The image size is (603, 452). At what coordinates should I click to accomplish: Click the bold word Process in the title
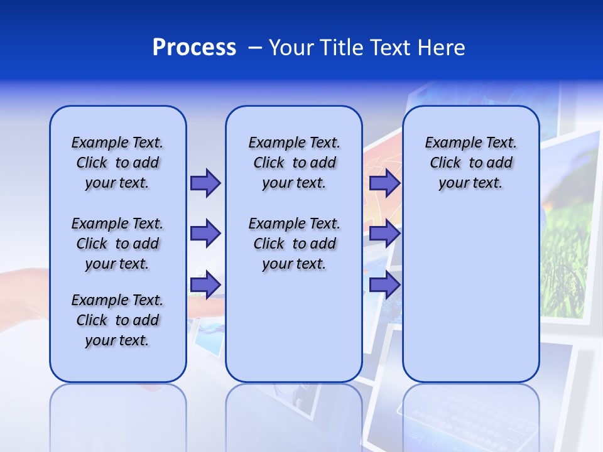194,48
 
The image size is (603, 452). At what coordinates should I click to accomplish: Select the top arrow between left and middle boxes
205,183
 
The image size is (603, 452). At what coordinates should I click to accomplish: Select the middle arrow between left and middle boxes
205,234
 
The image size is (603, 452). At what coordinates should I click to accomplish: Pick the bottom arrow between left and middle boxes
205,285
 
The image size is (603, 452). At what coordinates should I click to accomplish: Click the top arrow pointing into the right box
384,183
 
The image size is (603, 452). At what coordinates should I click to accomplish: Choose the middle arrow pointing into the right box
384,234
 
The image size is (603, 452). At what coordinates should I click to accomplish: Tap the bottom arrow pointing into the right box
384,285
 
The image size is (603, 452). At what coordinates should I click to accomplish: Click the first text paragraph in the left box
117,163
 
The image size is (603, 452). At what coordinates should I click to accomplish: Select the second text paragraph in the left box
117,244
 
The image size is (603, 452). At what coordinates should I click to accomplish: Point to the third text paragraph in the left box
117,320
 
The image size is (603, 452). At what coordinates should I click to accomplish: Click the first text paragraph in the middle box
294,163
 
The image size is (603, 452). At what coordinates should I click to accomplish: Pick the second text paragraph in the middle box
294,244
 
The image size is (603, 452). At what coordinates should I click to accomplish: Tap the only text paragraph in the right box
471,163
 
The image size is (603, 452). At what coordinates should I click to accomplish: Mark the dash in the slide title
255,48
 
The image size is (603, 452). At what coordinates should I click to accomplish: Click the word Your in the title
291,48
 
